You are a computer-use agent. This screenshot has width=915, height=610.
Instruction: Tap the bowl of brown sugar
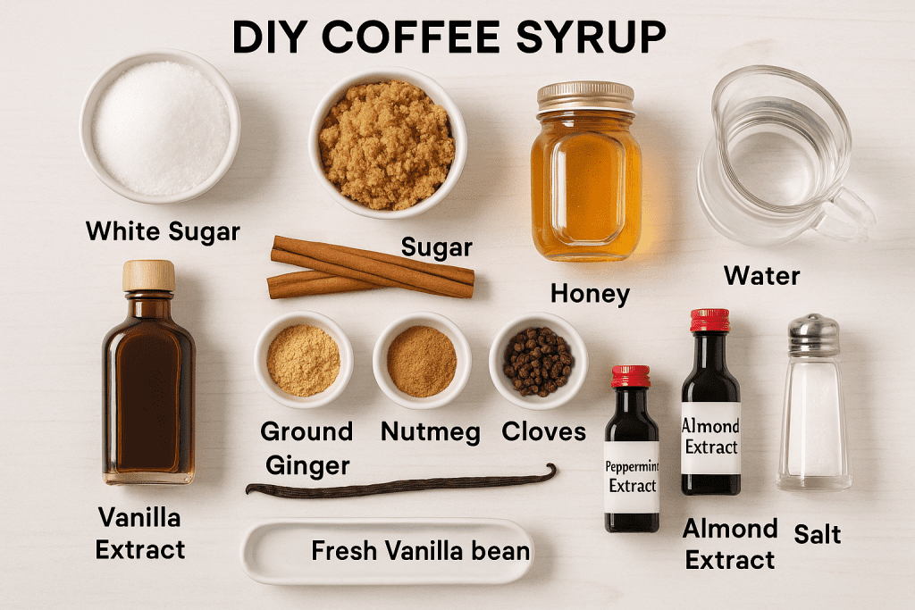tap(387, 144)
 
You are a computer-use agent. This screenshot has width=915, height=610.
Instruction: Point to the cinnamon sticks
tap(371, 267)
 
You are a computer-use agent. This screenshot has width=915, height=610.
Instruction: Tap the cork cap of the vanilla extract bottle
tap(148, 275)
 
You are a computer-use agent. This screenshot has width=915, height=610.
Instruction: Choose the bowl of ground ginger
tap(303, 359)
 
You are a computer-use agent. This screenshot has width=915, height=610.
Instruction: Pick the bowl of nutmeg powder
tap(422, 360)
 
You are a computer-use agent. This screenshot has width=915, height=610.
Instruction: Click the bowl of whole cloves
tap(537, 360)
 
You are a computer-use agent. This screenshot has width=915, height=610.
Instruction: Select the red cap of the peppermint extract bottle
tap(631, 376)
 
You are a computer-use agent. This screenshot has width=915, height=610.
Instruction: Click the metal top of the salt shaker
tap(813, 334)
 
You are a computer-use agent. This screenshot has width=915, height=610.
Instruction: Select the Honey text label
tap(590, 293)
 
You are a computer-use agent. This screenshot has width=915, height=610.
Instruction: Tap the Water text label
tap(762, 275)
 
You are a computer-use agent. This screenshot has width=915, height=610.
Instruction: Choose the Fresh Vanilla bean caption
tap(420, 551)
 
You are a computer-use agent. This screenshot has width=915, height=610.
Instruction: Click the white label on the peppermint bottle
tap(632, 475)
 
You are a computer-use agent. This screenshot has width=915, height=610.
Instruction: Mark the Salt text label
tap(818, 534)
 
